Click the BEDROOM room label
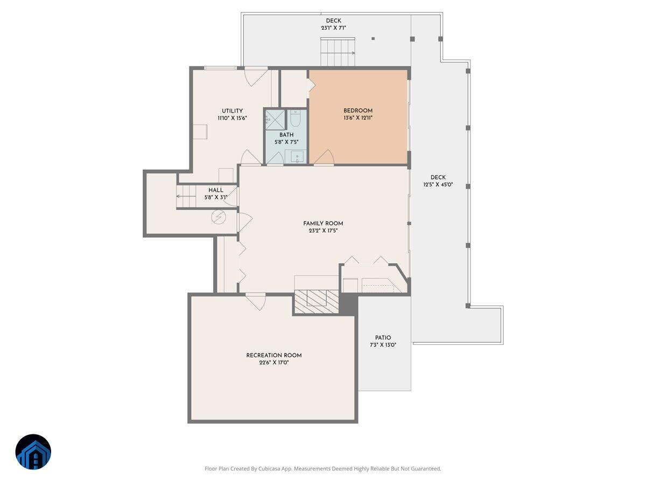coord(358,110)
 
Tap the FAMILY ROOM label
coord(323,223)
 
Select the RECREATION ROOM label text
coord(273,355)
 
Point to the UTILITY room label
coord(233,111)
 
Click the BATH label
coord(286,135)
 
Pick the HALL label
coord(216,190)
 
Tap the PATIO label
coord(383,338)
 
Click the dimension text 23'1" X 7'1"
coord(334,28)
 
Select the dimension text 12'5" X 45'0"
coord(438,185)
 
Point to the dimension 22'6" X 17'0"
coord(273,363)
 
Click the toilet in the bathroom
coord(296,118)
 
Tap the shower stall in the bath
coord(275,119)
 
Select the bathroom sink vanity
coord(296,156)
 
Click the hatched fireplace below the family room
coord(316,302)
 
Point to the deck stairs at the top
coord(338,52)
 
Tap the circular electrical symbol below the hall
coord(219,217)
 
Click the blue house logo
coord(33,452)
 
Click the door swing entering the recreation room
coord(256,301)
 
